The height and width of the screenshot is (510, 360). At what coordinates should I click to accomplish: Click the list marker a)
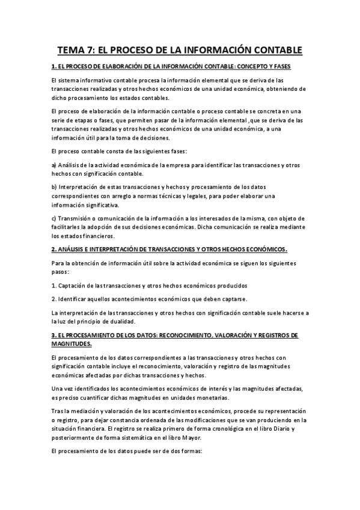54,164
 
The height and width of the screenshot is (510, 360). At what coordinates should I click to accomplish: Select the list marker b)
54,186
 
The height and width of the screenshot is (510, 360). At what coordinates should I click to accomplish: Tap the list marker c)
54,217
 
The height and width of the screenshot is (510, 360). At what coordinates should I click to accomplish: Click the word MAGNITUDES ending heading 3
72,344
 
